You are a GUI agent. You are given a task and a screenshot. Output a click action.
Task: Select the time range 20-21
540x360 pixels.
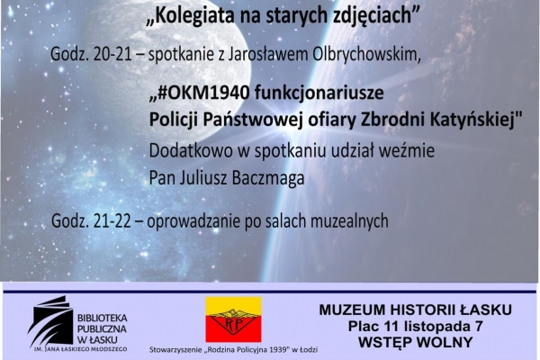point(112,54)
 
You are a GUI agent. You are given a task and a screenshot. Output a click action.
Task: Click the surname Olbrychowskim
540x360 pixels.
point(366,54)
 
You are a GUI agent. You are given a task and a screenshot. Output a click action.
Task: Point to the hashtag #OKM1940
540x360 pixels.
point(203,93)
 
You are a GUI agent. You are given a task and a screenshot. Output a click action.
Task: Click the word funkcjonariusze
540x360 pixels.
point(319,93)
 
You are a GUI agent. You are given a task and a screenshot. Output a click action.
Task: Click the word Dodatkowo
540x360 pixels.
point(191,150)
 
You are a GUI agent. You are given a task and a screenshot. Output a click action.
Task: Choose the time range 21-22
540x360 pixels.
point(112,220)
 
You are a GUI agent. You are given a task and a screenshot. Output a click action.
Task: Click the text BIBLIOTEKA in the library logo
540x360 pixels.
point(103,318)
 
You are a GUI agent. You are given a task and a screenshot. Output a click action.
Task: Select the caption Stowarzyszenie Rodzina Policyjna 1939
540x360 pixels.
point(233,350)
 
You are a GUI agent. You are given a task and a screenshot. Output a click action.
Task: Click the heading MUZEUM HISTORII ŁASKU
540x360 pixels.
point(415,310)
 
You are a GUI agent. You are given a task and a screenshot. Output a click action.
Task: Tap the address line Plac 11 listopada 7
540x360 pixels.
point(415,326)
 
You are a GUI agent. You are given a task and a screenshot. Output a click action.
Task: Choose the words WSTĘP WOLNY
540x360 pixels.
point(415,342)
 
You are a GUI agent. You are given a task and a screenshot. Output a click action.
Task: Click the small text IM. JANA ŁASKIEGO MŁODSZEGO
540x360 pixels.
point(80,349)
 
